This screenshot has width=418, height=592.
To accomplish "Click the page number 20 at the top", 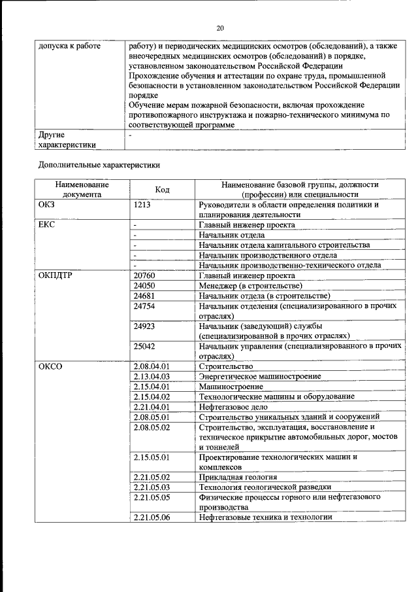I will point(220,27).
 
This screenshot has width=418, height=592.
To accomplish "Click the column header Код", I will point(163,190).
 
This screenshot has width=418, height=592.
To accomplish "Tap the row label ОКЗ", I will point(48,205).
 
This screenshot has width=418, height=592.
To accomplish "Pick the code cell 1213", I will point(143,205).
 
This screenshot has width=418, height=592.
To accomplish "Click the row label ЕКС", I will point(48,225).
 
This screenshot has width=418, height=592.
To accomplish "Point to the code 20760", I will point(144,275).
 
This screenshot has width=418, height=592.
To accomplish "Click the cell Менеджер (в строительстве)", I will point(251,286).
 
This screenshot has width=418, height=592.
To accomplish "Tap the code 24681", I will point(144,296).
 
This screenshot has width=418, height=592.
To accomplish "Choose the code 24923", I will point(144,326).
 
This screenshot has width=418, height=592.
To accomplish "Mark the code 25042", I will point(144,346).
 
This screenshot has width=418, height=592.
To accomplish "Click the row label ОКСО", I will point(50,366).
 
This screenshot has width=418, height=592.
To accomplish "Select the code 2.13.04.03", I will point(152,376).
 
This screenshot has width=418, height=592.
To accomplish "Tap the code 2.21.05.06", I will point(152,517).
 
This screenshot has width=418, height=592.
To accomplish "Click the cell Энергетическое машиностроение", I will point(260,376).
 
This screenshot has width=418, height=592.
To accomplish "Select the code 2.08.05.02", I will point(152,427).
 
